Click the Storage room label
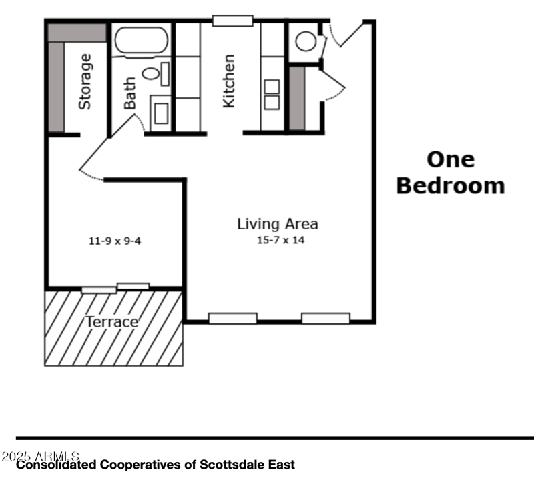pyautogui.click(x=85, y=83)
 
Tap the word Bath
pyautogui.click(x=129, y=93)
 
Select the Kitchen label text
pyautogui.click(x=228, y=81)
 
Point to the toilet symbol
pyautogui.click(x=152, y=74)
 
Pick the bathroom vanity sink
pyautogui.click(x=161, y=113)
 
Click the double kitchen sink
pyautogui.click(x=272, y=94)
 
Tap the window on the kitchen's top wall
pyautogui.click(x=232, y=21)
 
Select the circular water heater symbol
pyautogui.click(x=306, y=41)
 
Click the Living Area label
pyautogui.click(x=278, y=224)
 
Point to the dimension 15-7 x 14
pyautogui.click(x=280, y=240)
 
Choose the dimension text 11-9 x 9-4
pyautogui.click(x=115, y=241)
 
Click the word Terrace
pyautogui.click(x=111, y=323)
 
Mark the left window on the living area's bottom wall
pyautogui.click(x=232, y=318)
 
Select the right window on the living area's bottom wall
pyautogui.click(x=325, y=318)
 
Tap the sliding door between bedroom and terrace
pyautogui.click(x=115, y=288)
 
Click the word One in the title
pyautogui.click(x=451, y=159)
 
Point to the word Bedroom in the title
pyautogui.click(x=451, y=185)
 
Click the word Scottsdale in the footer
pyautogui.click(x=224, y=464)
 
